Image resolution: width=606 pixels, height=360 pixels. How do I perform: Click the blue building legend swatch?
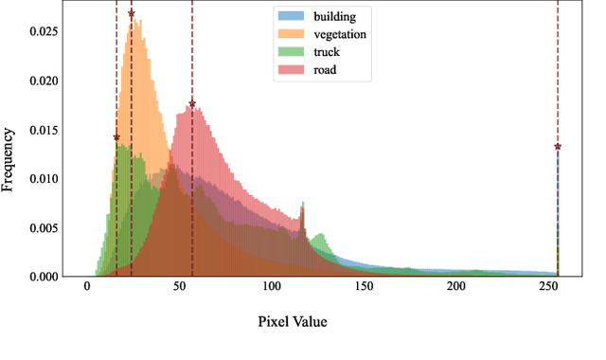coord(288,16)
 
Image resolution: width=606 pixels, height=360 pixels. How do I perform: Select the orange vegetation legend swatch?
coord(288,34)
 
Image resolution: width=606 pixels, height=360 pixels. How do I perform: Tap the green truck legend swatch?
coord(288,51)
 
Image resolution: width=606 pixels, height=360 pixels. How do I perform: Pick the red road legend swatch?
coord(288,69)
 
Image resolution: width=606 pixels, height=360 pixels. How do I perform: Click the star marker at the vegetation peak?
coord(132,13)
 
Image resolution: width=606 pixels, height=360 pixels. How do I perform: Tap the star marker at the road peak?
coord(192,104)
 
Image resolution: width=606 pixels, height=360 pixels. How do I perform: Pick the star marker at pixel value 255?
coord(558,147)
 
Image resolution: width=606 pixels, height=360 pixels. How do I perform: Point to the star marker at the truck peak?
coord(116,137)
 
